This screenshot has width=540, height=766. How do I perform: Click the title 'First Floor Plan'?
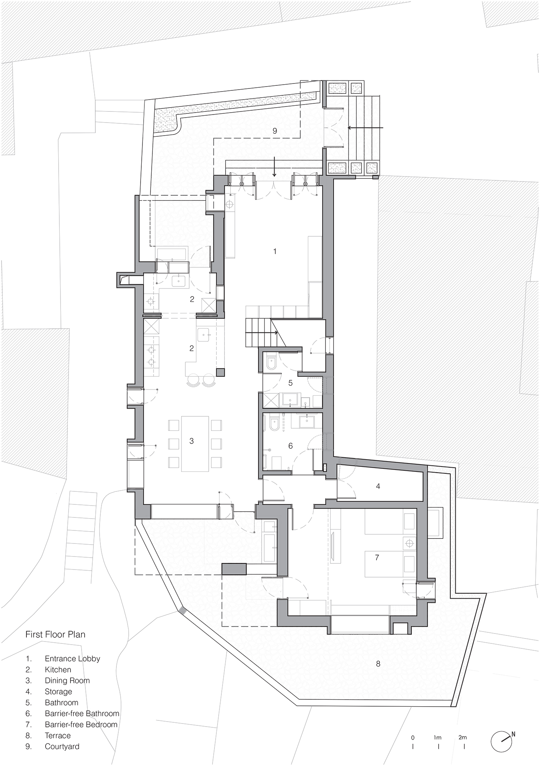pyautogui.click(x=55, y=634)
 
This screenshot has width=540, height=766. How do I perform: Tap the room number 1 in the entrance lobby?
pyautogui.click(x=275, y=251)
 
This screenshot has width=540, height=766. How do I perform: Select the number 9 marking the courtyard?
pyautogui.click(x=275, y=131)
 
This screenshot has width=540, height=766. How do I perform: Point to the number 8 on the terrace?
pyautogui.click(x=378, y=664)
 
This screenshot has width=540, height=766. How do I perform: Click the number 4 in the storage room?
pyautogui.click(x=378, y=486)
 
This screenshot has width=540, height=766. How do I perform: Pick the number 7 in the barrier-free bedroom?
pyautogui.click(x=377, y=557)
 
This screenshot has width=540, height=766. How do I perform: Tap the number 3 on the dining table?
pyautogui.click(x=191, y=441)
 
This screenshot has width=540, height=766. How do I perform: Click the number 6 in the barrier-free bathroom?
pyautogui.click(x=290, y=446)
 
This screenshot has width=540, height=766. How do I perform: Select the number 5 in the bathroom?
pyautogui.click(x=290, y=383)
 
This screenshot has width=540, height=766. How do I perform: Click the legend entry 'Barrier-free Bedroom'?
pyautogui.click(x=81, y=725)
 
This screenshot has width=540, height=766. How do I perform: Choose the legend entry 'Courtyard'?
pyautogui.click(x=62, y=746)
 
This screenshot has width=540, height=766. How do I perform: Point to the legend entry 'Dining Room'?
pyautogui.click(x=67, y=681)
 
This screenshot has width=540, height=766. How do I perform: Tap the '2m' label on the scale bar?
pyautogui.click(x=462, y=737)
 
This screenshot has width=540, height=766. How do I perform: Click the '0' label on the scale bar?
pyautogui.click(x=412, y=737)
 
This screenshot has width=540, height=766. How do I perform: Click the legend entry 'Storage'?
pyautogui.click(x=58, y=692)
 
